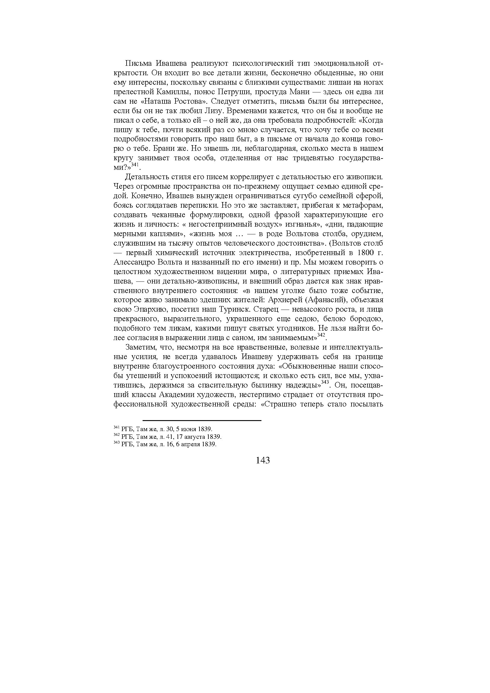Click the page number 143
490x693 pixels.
pyautogui.click(x=262, y=460)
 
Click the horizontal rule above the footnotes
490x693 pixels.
pyautogui.click(x=202, y=420)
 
